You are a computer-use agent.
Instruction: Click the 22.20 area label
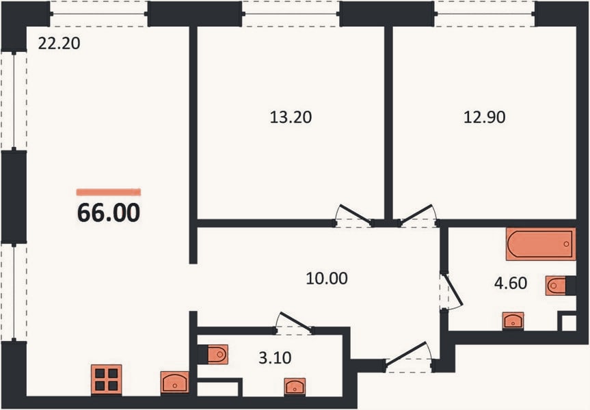pyautogui.click(x=59, y=43)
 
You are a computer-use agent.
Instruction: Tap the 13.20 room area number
pyautogui.click(x=291, y=117)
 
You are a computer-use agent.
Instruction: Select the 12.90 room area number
pyautogui.click(x=484, y=117)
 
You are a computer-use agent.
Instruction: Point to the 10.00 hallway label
pyautogui.click(x=327, y=278)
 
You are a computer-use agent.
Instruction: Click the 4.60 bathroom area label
pyautogui.click(x=510, y=283)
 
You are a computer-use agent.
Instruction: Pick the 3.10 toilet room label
pyautogui.click(x=275, y=357)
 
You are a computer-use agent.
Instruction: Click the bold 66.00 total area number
pyautogui.click(x=109, y=213)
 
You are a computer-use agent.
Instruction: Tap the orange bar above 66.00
pyautogui.click(x=109, y=192)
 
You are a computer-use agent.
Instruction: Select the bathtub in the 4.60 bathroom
pyautogui.click(x=541, y=244)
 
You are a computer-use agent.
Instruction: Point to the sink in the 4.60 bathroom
pyautogui.click(x=513, y=321)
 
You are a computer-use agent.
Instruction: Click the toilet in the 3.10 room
pyautogui.click(x=213, y=355)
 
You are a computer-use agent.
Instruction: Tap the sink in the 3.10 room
pyautogui.click(x=295, y=387)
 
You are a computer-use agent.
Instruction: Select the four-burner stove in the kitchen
pyautogui.click(x=107, y=379)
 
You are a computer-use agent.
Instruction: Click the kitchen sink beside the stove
pyautogui.click(x=174, y=382)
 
